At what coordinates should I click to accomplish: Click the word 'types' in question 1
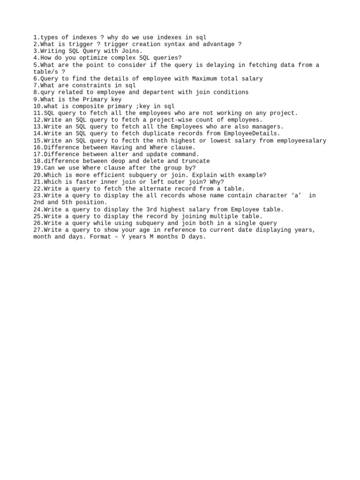pos(49,37)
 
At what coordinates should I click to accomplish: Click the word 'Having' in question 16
pos(123,147)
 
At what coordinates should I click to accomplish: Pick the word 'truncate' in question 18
pos(194,161)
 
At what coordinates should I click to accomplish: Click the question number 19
pos(37,168)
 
